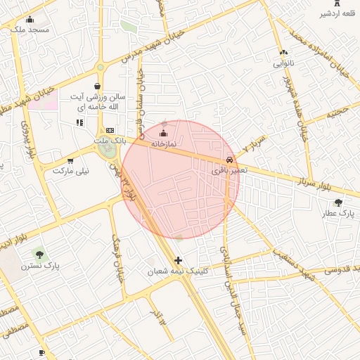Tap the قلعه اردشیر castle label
click(x=335, y=13)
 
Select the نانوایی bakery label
click(x=283, y=63)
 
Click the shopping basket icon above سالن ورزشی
click(x=97, y=86)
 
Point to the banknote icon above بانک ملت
click(x=110, y=130)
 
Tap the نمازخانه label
click(x=162, y=143)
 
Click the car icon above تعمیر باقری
click(x=231, y=160)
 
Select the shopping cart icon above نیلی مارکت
click(x=70, y=160)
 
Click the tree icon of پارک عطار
click(x=339, y=202)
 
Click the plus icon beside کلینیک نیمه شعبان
click(x=178, y=260)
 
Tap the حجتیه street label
click(x=335, y=111)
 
